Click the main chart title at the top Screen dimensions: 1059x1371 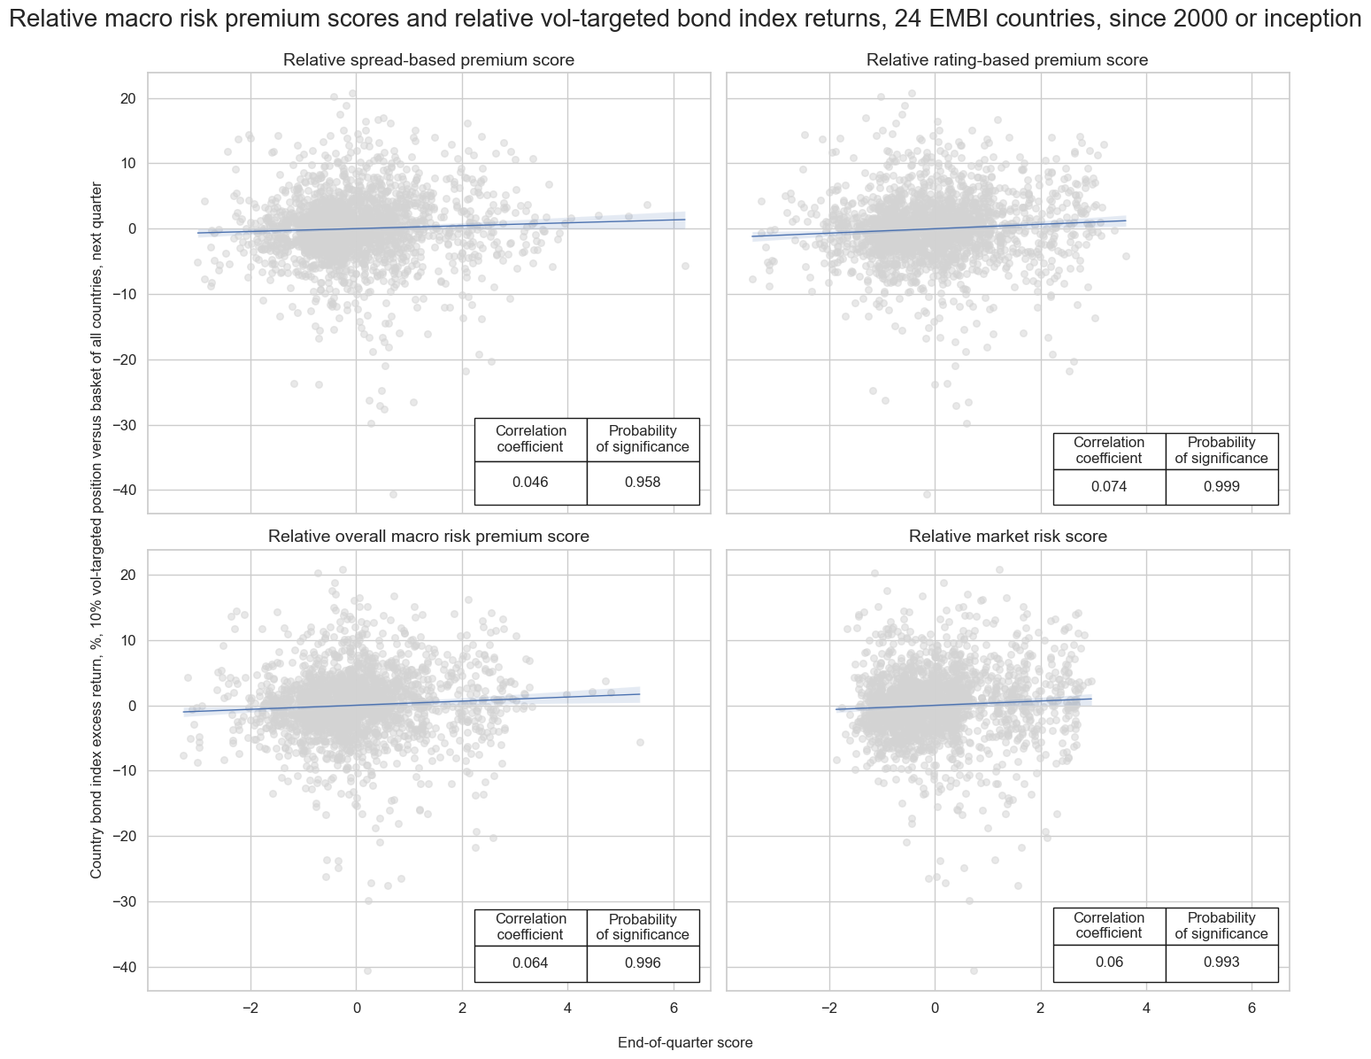[x=685, y=19]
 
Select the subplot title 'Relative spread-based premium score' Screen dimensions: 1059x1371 [x=428, y=60]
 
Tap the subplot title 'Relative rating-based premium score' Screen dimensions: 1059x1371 [x=1007, y=60]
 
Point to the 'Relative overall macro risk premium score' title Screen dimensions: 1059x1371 [x=428, y=537]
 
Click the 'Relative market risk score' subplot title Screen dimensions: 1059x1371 [x=1007, y=537]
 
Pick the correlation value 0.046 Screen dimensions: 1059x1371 [x=530, y=483]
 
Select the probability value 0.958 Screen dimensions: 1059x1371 [x=643, y=483]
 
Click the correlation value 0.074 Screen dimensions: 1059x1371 [x=1109, y=487]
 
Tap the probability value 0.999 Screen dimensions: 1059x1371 [x=1221, y=487]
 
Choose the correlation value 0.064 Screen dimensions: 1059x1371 [x=530, y=963]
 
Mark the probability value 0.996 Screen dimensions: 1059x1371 [x=643, y=963]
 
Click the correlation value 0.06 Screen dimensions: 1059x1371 [x=1109, y=963]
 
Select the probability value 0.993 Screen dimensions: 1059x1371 [x=1221, y=963]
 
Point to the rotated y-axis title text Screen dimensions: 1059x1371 [x=96, y=529]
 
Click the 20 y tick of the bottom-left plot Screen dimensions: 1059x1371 [x=126, y=576]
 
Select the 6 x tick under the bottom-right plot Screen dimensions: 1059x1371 [x=1252, y=1009]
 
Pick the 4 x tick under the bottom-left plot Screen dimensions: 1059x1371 [x=567, y=1009]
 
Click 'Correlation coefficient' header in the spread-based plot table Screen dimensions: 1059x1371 [x=530, y=439]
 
